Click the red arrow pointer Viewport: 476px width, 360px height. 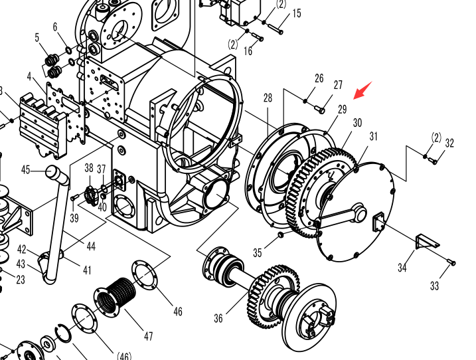(x=362, y=90)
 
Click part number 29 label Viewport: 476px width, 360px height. (x=342, y=110)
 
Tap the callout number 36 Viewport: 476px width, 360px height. (x=218, y=318)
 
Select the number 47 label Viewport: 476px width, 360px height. (x=148, y=336)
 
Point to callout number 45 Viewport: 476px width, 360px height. (x=26, y=170)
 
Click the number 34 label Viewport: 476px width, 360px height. (x=402, y=268)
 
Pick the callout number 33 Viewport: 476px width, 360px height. (x=434, y=286)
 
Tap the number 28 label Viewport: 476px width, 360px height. (x=268, y=98)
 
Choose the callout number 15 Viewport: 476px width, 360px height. (x=297, y=13)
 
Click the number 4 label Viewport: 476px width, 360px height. (x=29, y=76)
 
